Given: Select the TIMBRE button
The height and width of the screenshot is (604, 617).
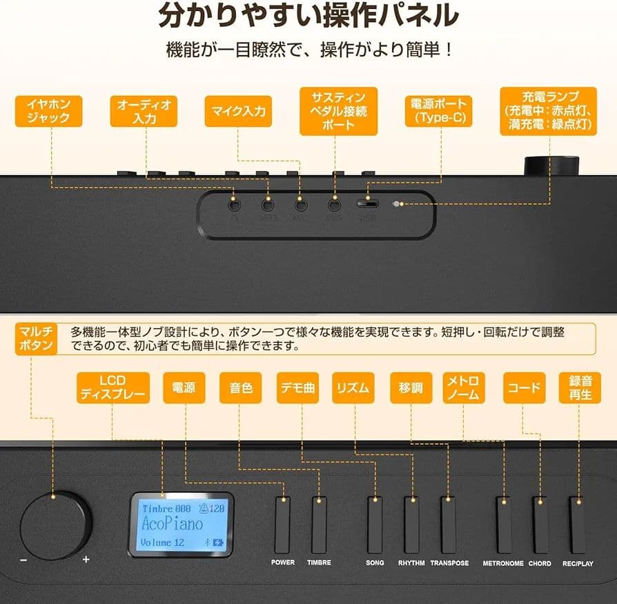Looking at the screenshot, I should tap(319, 524).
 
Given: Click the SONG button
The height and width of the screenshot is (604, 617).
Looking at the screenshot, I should tap(375, 524).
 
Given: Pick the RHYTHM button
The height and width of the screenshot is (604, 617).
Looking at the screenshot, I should tap(411, 524).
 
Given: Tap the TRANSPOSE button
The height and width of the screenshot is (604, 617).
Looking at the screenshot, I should tap(449, 524).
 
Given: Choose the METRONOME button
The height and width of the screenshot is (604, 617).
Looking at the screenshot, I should tap(504, 524).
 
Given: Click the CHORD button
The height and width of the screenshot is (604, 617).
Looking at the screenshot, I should tap(540, 524).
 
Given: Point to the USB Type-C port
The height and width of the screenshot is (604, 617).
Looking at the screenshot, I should tap(367, 204).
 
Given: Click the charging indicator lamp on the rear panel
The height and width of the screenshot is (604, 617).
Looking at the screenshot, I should tap(397, 204).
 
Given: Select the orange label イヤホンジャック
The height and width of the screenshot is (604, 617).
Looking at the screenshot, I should tap(48, 111).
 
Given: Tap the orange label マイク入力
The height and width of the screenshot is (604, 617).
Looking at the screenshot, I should tap(238, 111).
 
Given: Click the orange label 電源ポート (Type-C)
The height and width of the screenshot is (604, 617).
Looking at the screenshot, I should tap(439, 111).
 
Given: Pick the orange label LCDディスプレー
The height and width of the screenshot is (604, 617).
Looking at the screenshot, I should tap(112, 387).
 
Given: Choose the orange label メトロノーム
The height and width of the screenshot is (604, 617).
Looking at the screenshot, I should tap(463, 387).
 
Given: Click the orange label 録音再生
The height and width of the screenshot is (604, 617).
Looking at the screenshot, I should tap(580, 387).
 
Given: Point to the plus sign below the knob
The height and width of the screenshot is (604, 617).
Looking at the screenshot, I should tap(86, 560).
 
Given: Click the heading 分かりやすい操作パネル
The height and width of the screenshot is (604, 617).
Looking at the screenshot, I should tap(308, 15).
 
